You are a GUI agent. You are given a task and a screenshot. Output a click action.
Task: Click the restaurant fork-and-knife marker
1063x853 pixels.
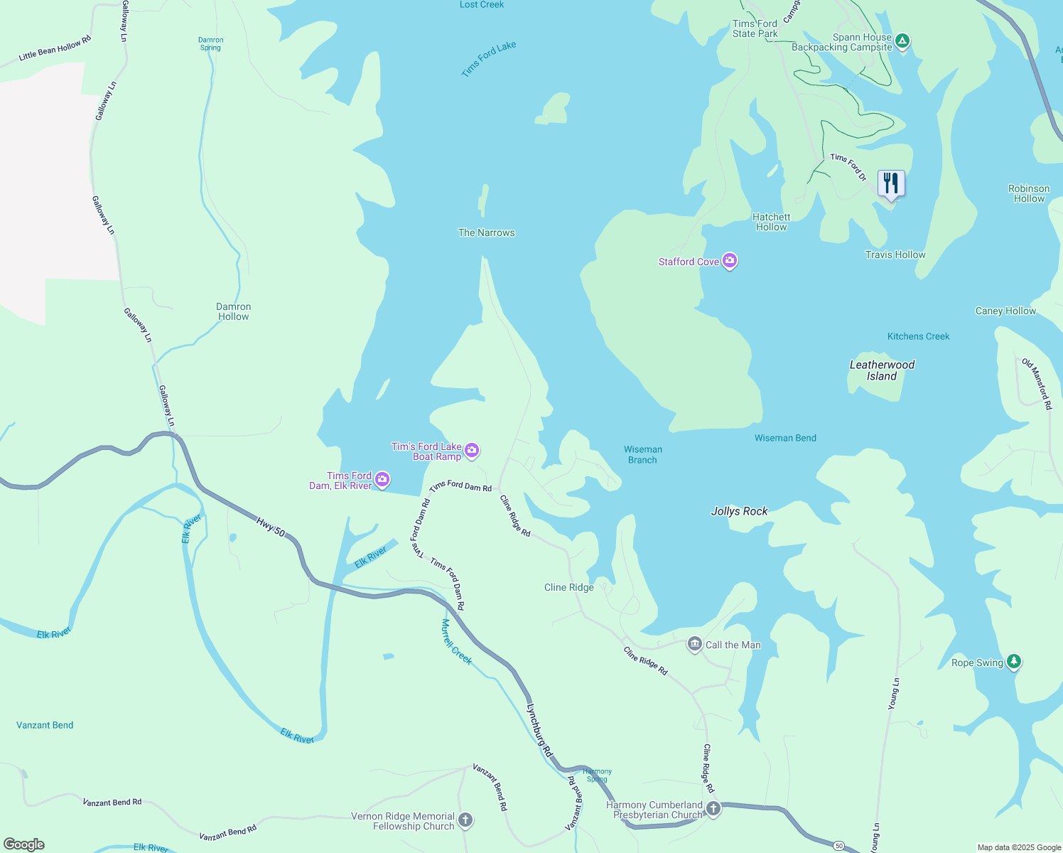(x=890, y=183)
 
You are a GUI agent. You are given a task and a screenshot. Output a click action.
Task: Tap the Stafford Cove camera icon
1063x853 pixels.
(x=730, y=262)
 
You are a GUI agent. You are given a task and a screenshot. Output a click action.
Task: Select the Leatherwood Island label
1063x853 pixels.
(x=882, y=370)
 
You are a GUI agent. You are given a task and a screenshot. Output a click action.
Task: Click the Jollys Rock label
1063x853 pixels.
(x=739, y=511)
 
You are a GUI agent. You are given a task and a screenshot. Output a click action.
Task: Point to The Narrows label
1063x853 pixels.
(x=486, y=232)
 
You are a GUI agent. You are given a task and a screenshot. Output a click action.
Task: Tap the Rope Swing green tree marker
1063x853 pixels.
(x=1014, y=662)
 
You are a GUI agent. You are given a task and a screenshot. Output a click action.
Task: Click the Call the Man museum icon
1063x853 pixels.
(x=694, y=645)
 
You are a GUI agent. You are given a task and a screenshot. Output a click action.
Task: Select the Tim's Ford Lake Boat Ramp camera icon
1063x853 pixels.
(x=472, y=451)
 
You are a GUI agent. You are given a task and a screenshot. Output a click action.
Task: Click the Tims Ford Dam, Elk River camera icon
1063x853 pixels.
(x=382, y=480)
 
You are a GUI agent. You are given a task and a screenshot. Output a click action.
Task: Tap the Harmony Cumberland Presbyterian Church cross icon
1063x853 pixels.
(x=713, y=809)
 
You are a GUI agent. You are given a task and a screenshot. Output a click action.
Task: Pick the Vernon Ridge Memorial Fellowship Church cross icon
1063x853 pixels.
(x=465, y=820)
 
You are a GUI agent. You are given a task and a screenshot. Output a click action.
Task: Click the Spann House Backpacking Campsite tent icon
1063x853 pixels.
(x=902, y=41)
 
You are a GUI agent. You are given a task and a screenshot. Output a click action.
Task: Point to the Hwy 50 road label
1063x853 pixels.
(x=270, y=527)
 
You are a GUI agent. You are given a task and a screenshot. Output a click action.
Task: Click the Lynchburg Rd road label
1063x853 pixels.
(x=539, y=730)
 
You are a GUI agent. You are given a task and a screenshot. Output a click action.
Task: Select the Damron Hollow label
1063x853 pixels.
(x=233, y=311)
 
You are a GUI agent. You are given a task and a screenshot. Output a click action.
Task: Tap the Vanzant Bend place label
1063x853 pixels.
(x=45, y=725)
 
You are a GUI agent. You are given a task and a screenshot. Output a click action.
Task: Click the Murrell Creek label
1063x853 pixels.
(x=456, y=642)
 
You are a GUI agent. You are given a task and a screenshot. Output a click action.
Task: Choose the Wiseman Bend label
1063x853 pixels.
(x=785, y=438)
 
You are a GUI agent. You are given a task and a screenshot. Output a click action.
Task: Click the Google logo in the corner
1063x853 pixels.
(x=24, y=844)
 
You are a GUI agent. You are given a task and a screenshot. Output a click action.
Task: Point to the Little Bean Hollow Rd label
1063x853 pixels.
(x=55, y=48)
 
